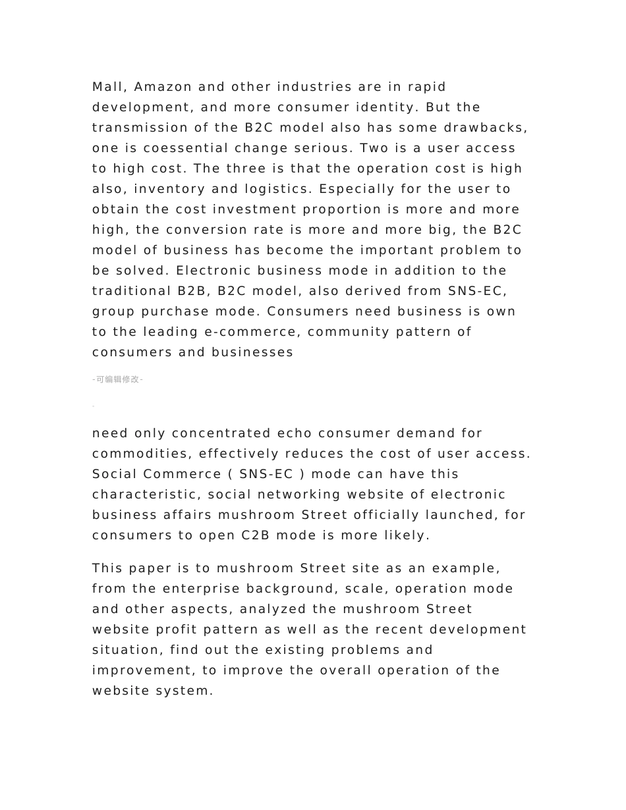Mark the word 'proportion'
pos(342,209)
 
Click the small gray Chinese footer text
pos(117,379)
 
